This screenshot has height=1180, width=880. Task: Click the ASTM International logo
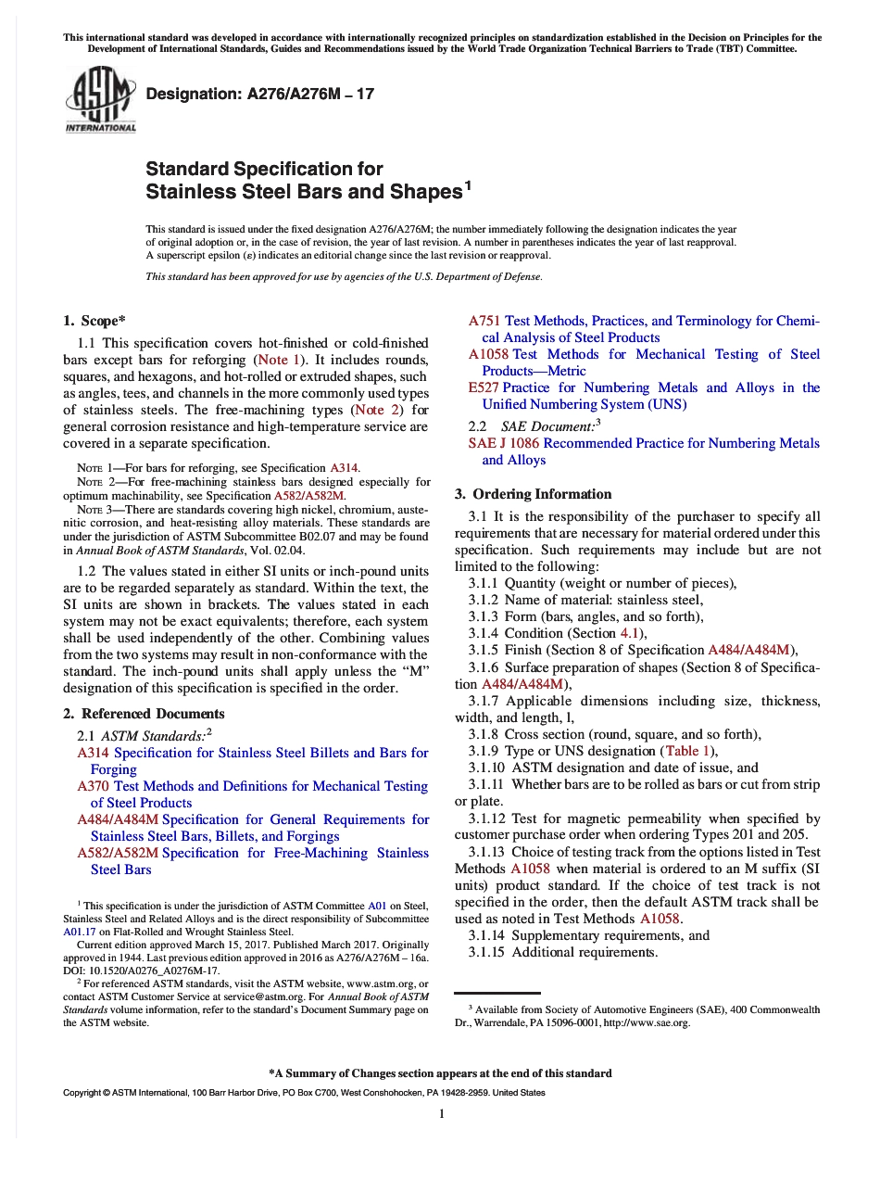[99, 103]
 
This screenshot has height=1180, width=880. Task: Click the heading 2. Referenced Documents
[144, 714]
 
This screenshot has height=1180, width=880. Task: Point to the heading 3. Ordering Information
[533, 494]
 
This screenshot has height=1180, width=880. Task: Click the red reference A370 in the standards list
[94, 786]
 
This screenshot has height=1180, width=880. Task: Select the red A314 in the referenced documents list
[94, 753]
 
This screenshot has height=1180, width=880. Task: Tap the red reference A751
[484, 321]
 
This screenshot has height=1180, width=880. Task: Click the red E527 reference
[484, 387]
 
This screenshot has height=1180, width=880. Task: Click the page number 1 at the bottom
[442, 1113]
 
